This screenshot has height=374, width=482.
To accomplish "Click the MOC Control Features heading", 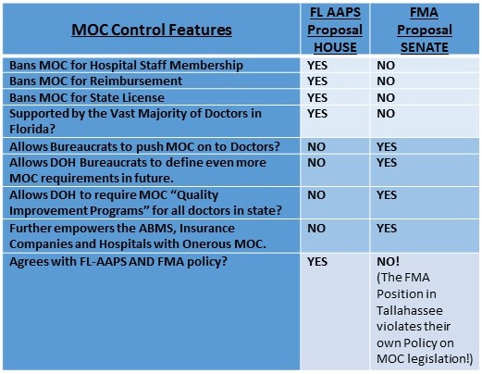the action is pos(152,30).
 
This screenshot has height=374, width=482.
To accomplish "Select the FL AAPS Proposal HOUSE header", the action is pos(335,30).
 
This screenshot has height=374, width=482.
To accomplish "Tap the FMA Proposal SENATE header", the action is pos(425,30).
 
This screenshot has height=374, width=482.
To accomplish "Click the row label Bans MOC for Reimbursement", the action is pos(95,81).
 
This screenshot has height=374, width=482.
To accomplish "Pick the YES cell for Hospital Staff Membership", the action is pos(317,66).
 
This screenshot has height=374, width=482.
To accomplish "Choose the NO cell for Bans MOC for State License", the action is pos(386,98).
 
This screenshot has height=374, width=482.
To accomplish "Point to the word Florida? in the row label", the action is pos(32,129).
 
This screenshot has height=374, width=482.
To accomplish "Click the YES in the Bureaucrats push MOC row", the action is pos(387,146).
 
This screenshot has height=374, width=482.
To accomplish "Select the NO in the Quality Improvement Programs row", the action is pos(316,195).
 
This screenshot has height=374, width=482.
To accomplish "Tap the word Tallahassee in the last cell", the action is pos(410,310).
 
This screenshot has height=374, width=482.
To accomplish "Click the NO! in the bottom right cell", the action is pos(388,262).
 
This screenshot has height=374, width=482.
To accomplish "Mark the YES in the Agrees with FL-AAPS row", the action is pos(317,262).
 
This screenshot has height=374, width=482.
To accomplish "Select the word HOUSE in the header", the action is pos(335,47).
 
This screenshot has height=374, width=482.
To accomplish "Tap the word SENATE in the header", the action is pos(425,47).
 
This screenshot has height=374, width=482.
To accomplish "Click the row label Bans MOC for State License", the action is pos(87,98).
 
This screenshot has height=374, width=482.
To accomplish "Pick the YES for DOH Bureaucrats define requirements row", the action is pos(387,163).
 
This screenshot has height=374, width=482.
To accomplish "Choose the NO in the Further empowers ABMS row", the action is pos(316,229).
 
